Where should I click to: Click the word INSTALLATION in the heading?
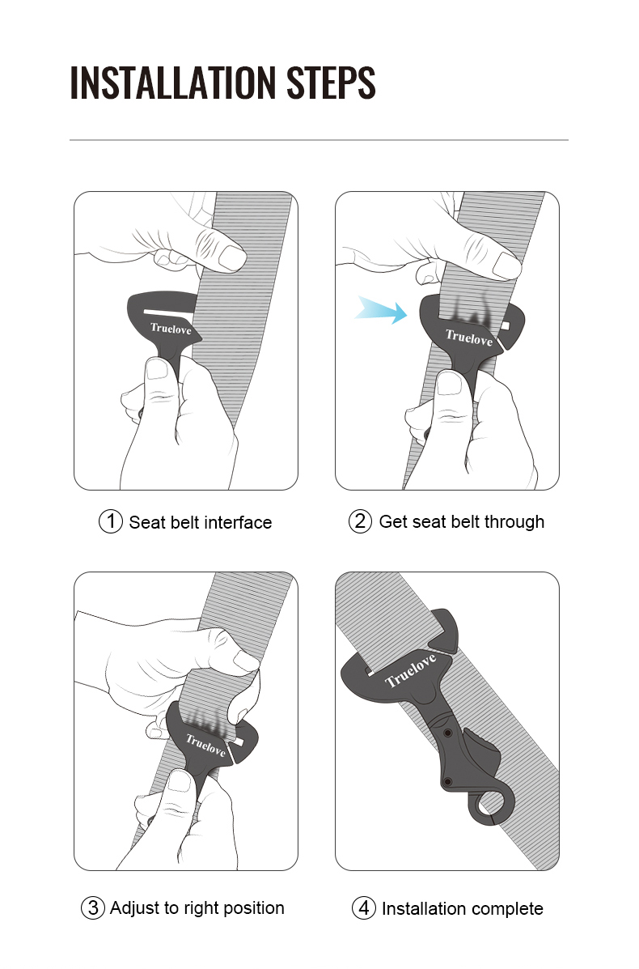click(172, 83)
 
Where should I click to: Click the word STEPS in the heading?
click(331, 83)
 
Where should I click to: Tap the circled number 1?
click(110, 521)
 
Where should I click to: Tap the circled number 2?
click(360, 521)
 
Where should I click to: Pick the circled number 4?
click(364, 908)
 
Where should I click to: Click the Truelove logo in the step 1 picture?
click(171, 328)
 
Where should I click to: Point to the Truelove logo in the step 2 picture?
click(468, 337)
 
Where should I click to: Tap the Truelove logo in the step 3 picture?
click(205, 743)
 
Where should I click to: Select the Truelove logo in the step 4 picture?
click(410, 670)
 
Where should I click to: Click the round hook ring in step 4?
click(493, 804)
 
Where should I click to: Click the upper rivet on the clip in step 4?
click(447, 733)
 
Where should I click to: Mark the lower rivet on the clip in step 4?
click(447, 781)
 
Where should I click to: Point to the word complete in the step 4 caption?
click(506, 908)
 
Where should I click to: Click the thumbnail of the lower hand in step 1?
click(158, 370)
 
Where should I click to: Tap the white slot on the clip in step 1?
click(167, 310)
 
